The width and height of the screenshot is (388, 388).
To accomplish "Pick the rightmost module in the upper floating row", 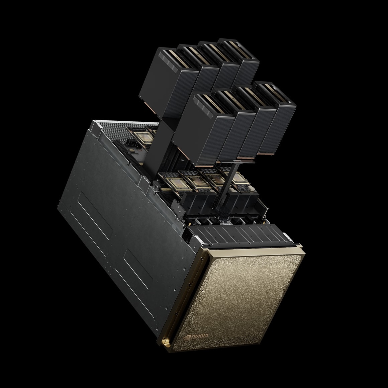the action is coord(244,62).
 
